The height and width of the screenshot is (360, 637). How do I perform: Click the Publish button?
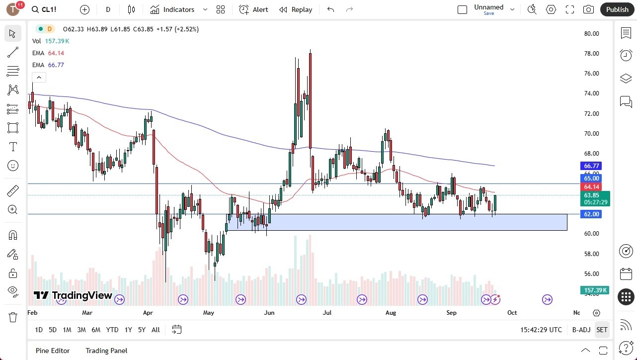pos(617,9)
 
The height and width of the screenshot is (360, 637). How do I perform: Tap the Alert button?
pos(253,9)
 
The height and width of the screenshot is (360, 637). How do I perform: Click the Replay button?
pos(296,9)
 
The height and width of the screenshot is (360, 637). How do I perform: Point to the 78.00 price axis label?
pos(591,54)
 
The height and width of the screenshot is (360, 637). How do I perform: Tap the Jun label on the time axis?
pos(269,313)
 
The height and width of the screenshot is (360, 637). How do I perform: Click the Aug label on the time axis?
pos(391,313)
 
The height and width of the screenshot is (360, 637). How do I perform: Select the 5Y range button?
pos(142,330)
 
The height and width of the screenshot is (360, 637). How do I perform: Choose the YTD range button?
pos(112,330)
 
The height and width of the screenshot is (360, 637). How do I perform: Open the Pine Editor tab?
pos(53,351)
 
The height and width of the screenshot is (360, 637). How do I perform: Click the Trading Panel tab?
pos(106,351)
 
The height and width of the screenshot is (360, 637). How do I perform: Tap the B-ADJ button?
pos(581,330)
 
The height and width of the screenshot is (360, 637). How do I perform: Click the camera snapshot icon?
pos(588,9)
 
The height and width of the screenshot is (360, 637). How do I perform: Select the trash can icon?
pos(12,317)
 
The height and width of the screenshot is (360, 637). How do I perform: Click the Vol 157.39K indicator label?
pos(51,41)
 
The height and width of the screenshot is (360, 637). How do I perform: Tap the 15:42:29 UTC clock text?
pos(541,330)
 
